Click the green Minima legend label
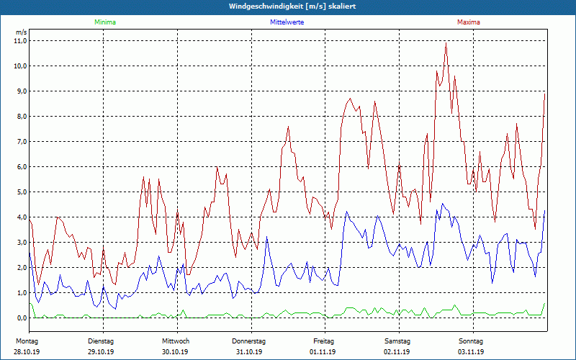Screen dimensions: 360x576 [x=104, y=22]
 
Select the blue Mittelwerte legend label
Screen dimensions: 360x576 [x=287, y=22]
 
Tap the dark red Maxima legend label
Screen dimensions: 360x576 [x=469, y=22]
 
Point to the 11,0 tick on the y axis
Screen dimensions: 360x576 [x=20, y=41]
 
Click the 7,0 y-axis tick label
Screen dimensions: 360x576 [x=20, y=142]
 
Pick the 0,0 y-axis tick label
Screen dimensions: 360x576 [x=20, y=318]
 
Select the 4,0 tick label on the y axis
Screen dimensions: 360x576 [x=20, y=217]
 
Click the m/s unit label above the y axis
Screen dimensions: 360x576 [x=21, y=32]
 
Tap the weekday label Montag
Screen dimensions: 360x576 [x=27, y=341]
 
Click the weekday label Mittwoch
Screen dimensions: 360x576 [x=176, y=341]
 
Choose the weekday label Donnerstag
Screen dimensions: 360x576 [x=249, y=341]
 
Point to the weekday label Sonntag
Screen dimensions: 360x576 [x=471, y=341]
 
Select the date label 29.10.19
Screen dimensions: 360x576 [x=102, y=352]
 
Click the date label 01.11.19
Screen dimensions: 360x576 [x=323, y=352]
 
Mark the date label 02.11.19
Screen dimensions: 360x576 [x=397, y=352]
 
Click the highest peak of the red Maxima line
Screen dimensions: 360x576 [x=446, y=45]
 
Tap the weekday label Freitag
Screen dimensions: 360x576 [x=323, y=341]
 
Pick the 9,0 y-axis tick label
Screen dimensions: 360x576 [x=20, y=91]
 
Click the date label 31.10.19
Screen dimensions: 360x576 [x=249, y=352]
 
